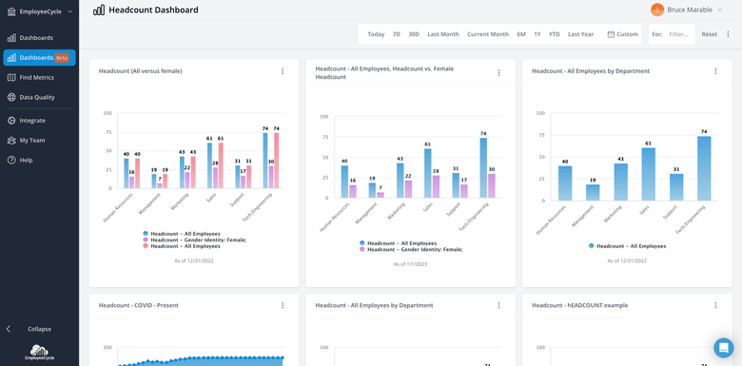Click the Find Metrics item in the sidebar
[x=36, y=77]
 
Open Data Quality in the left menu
[x=37, y=97]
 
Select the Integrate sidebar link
[x=32, y=121]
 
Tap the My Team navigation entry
[x=32, y=140]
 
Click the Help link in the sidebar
[x=26, y=160]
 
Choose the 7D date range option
[x=397, y=34]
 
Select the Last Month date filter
[x=443, y=34]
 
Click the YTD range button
[x=554, y=34]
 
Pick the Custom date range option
[x=623, y=34]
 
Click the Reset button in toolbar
[x=709, y=34]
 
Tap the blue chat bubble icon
[x=724, y=347]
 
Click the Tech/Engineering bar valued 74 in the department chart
[x=704, y=168]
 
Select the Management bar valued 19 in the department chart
[x=593, y=191]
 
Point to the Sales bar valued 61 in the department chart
[x=648, y=174]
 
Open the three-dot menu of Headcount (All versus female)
[x=283, y=71]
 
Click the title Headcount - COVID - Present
[x=139, y=305]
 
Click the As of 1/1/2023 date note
[x=411, y=264]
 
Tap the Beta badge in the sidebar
[x=63, y=58]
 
